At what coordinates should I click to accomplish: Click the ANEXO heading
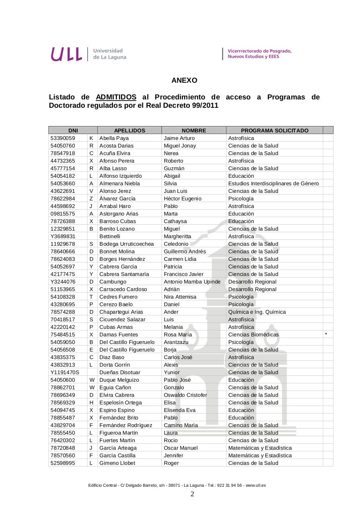coord(184,80)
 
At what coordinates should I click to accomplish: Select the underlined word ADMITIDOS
coord(116,97)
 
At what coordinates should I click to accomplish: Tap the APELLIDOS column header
coord(130,130)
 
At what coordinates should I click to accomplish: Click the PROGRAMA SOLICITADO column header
coord(274,130)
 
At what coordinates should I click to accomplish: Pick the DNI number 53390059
coord(63,138)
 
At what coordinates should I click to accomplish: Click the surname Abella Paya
coord(114,138)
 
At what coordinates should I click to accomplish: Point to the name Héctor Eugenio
coord(183,199)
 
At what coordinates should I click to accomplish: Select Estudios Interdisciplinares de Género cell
coord(274,184)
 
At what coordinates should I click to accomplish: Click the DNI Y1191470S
coord(65,373)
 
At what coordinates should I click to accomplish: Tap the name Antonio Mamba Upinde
coord(192,282)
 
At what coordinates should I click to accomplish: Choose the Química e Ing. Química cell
coord(257,312)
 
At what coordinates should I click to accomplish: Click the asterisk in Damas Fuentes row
coord(326,334)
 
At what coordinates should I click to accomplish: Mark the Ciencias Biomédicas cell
coord(253,335)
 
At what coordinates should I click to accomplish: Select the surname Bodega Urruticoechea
coord(126,244)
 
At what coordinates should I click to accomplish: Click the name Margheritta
coord(177,237)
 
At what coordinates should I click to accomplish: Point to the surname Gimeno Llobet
coord(117,463)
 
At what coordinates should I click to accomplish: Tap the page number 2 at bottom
coord(192,494)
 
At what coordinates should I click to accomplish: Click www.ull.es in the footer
coord(256,486)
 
